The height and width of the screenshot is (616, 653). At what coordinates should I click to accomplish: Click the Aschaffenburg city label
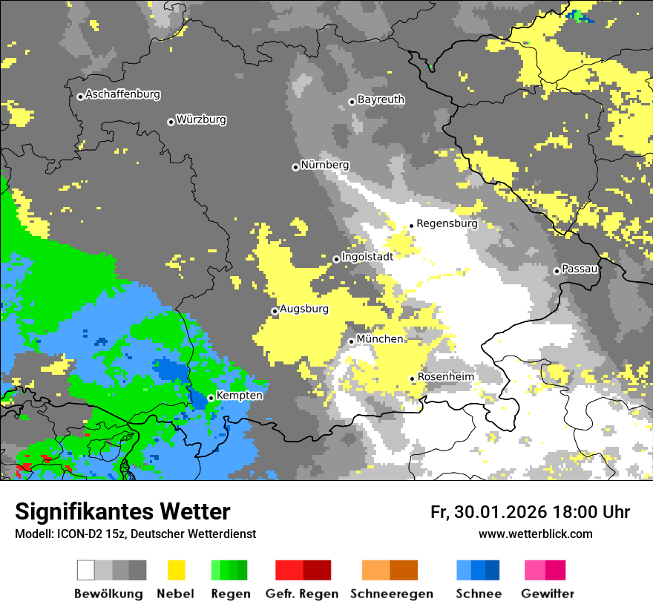pos(122,94)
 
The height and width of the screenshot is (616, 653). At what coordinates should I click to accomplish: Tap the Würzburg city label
pos(201,119)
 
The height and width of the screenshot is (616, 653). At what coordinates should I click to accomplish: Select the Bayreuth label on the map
pos(381,99)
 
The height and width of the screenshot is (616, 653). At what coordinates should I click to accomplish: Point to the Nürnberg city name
pos(324,165)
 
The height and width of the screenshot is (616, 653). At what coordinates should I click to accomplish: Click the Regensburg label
pos(447,223)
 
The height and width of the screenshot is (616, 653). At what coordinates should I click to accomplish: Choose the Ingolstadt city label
pos(367,256)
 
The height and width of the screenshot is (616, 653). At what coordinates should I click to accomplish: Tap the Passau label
pos(580,269)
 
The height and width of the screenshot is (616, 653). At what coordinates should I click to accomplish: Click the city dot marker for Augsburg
pos(275,311)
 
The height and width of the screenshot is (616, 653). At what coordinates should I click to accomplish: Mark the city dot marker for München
pos(352,341)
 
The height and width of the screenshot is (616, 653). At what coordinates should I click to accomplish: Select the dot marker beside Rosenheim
pos(413,379)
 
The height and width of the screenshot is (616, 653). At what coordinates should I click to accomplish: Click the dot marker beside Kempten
pos(211,398)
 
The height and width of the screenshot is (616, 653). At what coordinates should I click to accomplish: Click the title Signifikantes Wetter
pos(122,511)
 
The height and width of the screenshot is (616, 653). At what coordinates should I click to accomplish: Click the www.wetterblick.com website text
pos(535,534)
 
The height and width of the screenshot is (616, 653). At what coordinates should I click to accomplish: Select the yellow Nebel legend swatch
pos(176,570)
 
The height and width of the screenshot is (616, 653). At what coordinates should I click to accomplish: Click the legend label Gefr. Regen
pos(302,594)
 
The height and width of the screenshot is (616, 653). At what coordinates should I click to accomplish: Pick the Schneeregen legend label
pos(392,594)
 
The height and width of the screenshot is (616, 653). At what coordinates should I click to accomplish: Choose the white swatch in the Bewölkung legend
pos(86,570)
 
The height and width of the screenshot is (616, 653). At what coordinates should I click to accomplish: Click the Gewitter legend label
pos(548,594)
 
